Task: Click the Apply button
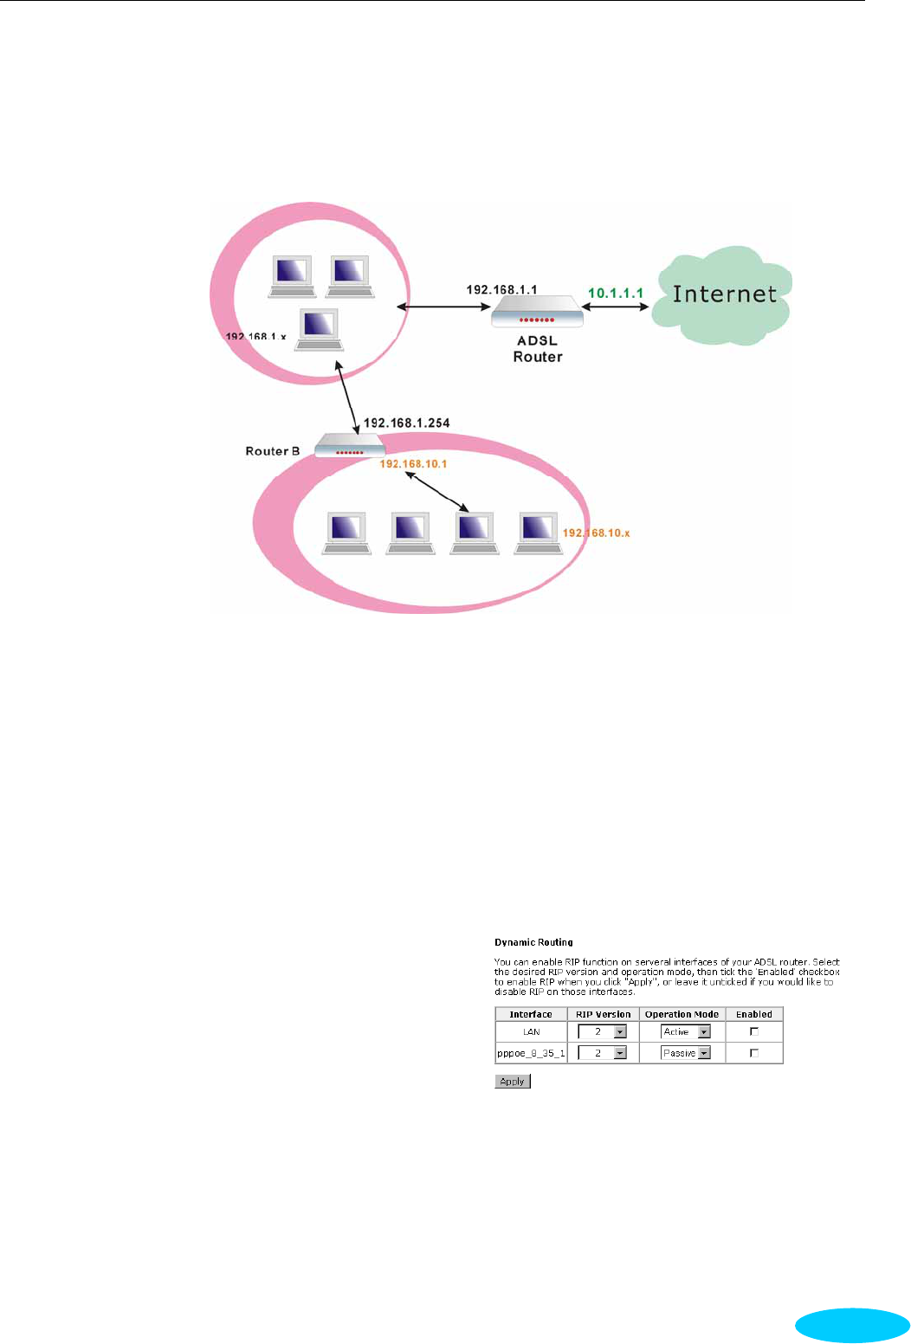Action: tap(512, 1081)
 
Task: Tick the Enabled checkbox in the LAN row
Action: tap(753, 1031)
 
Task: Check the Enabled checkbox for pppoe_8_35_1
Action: tap(753, 1053)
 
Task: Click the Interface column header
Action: tap(531, 1014)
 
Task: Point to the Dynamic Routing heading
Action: tap(533, 942)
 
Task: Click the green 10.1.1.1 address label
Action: tap(616, 294)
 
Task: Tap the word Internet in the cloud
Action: tap(725, 294)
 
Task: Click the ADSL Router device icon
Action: tap(537, 312)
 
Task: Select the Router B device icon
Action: tap(349, 446)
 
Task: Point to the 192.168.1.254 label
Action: tap(406, 423)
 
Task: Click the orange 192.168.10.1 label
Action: tap(413, 464)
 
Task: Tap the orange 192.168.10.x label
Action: tap(597, 533)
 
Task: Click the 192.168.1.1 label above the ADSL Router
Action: tap(501, 289)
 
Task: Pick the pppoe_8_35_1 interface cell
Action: tap(531, 1053)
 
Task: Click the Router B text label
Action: tap(272, 451)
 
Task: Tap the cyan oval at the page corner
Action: tap(852, 1325)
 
